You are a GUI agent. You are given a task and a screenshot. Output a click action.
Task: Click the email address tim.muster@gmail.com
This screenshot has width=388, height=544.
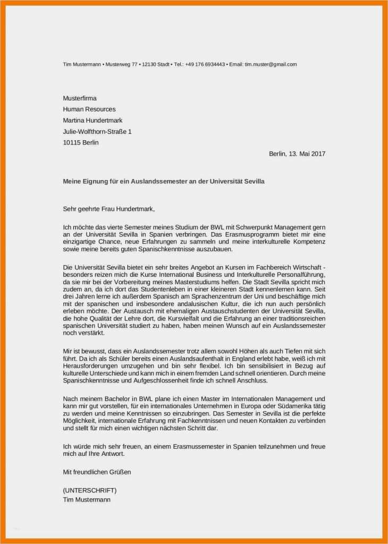coord(271,64)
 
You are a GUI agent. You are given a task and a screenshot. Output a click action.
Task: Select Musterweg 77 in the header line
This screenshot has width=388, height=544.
coord(122,64)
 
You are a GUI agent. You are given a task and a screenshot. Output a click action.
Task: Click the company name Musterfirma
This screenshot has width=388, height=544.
coord(80,98)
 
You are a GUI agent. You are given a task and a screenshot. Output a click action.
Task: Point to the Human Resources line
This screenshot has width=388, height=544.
coord(89,109)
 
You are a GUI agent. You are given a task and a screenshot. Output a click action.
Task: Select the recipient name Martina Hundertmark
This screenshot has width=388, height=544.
coord(92,121)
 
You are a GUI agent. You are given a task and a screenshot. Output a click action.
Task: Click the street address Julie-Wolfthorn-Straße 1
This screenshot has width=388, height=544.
coord(97,131)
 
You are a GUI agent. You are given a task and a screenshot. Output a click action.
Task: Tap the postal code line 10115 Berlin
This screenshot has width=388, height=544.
coord(81,142)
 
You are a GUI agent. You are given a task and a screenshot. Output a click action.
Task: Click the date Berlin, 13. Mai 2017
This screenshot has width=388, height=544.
coord(297,154)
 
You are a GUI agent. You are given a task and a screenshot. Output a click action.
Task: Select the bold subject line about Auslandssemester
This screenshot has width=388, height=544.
coord(163,181)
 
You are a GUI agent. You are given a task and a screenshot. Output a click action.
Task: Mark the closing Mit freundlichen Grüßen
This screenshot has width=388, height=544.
coord(97,471)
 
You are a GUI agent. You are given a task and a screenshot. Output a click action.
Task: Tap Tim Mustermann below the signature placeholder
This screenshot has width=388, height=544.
coord(87,499)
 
